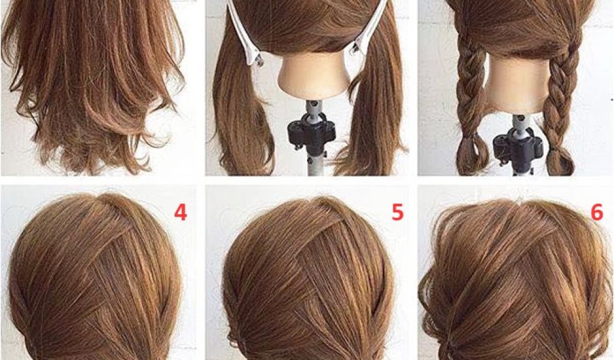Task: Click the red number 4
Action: point(180,212)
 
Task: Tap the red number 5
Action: point(398,212)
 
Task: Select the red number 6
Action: point(597,212)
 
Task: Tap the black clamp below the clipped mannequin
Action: point(312,133)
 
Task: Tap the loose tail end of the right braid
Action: point(560,161)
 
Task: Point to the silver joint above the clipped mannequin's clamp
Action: point(312,109)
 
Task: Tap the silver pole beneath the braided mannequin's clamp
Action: point(517,169)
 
